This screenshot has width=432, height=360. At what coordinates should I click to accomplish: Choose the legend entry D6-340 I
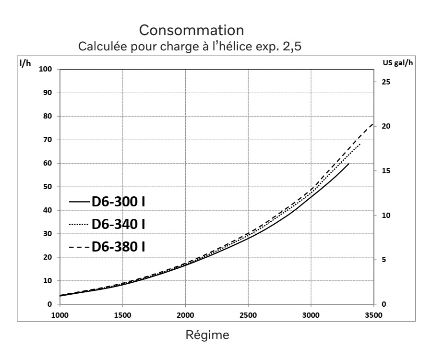click(x=119, y=224)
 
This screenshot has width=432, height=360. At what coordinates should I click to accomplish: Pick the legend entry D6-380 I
click(x=119, y=247)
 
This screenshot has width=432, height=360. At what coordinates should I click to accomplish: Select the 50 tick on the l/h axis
click(x=47, y=187)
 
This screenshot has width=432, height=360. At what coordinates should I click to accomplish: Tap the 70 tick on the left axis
click(x=47, y=140)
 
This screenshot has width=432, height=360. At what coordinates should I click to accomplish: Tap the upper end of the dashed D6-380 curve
click(x=373, y=124)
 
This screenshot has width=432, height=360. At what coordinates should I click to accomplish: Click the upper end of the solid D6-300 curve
click(x=348, y=164)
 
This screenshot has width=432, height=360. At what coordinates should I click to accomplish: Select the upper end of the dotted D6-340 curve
click(x=360, y=144)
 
